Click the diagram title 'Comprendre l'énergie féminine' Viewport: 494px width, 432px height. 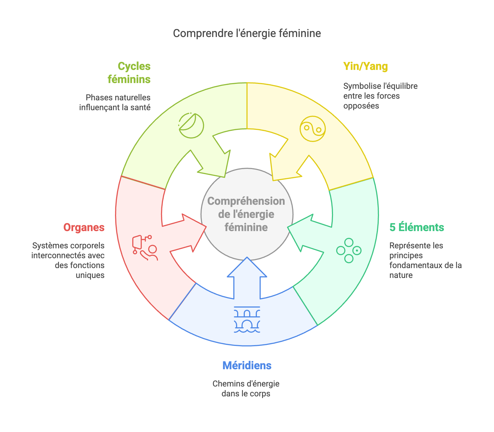[247, 33]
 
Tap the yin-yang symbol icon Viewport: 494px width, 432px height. [312, 129]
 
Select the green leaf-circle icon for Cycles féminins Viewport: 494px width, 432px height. [191, 126]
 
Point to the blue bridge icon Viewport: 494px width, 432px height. [247, 319]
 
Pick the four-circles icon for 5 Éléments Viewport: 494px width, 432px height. [349, 251]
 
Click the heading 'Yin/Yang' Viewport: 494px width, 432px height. [365, 66]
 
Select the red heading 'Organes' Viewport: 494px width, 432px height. [84, 228]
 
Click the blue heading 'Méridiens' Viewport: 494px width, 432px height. [247, 365]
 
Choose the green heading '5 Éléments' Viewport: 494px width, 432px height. [417, 228]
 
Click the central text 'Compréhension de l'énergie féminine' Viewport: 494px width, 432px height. [246, 214]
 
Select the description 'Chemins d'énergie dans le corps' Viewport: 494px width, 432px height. [246, 388]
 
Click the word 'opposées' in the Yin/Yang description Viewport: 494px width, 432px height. [361, 106]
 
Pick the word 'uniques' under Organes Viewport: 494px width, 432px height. [90, 275]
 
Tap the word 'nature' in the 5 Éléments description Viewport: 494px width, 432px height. [401, 275]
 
